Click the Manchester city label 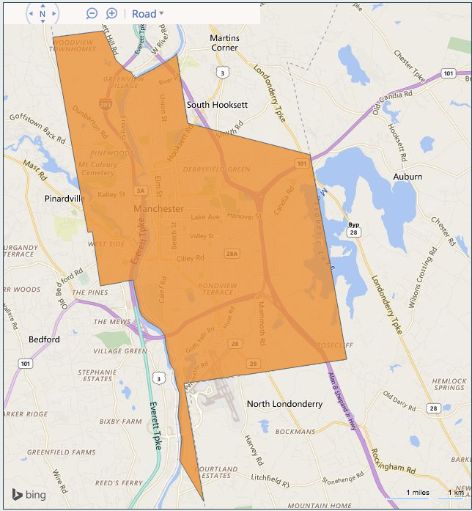point(158,209)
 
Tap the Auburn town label point(407,177)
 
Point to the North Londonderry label point(284,404)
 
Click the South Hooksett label point(217,105)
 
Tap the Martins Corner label point(224,43)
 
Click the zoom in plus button point(112,14)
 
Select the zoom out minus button point(92,14)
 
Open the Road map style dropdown point(147,14)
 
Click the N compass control point(43,14)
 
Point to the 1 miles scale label point(418,493)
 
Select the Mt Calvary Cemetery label point(97,169)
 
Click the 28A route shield point(232,254)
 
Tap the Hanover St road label point(245,217)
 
